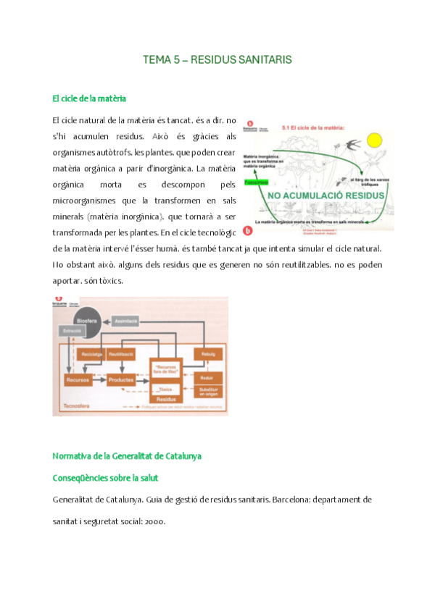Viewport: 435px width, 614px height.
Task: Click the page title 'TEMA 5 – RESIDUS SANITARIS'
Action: pyautogui.click(x=217, y=61)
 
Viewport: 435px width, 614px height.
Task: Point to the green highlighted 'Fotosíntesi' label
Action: pyautogui.click(x=256, y=181)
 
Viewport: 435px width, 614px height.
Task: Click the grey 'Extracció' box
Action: pyautogui.click(x=72, y=330)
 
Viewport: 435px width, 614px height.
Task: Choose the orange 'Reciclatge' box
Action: pyautogui.click(x=92, y=354)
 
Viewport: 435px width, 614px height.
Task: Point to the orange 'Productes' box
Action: pyautogui.click(x=121, y=379)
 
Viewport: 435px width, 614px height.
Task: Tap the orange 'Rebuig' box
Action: pyautogui.click(x=207, y=354)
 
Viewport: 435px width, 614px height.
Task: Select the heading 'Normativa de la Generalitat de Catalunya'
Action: pyautogui.click(x=127, y=457)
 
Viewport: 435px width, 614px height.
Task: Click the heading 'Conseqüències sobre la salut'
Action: pyautogui.click(x=106, y=479)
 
